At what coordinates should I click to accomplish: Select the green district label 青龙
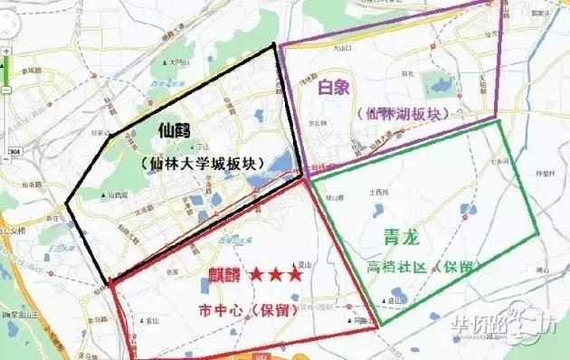coord(403,237)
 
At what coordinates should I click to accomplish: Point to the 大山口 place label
coord(340,47)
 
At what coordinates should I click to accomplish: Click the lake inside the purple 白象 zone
coord(441,87)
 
